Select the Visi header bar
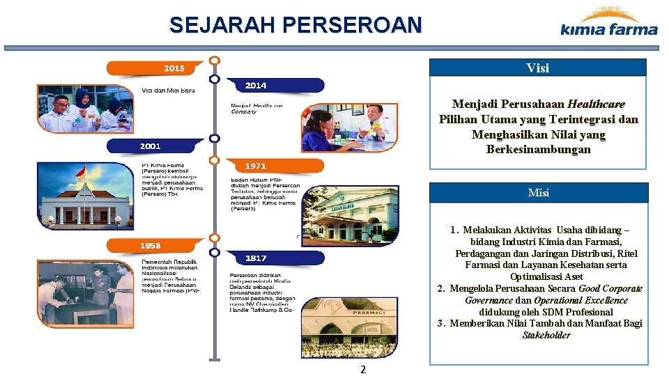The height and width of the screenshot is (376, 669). [x=537, y=68]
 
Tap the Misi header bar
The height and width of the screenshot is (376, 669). [x=538, y=193]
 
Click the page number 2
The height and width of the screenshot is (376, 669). [x=362, y=369]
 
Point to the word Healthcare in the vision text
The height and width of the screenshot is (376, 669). [x=596, y=104]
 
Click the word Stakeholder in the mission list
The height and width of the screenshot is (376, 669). [x=546, y=335]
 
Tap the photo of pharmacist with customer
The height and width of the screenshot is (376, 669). [x=349, y=127]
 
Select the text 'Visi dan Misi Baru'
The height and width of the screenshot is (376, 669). [x=168, y=90]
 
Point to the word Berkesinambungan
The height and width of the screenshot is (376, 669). [x=538, y=149]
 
